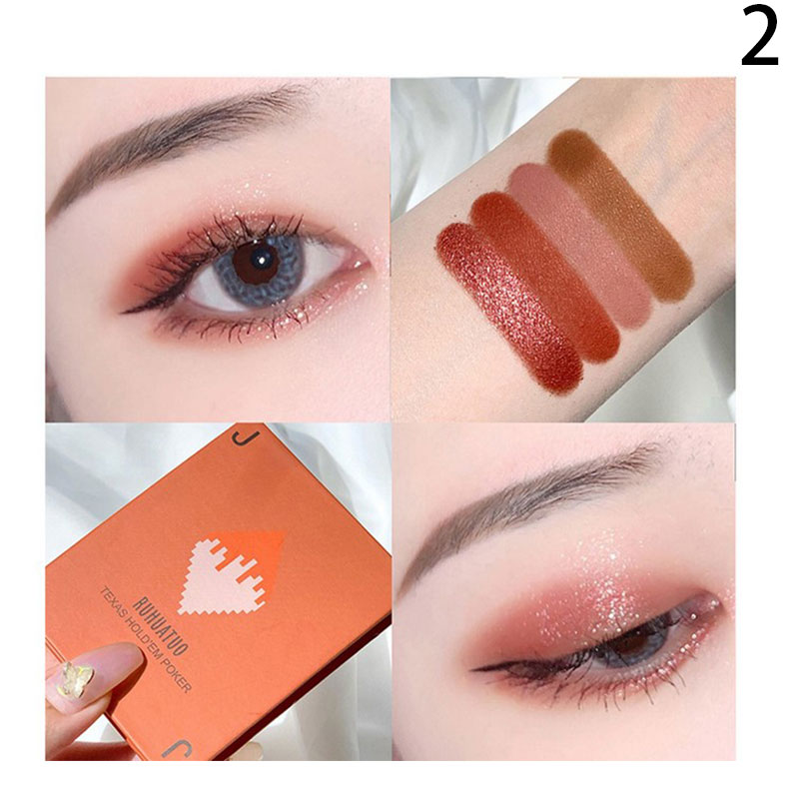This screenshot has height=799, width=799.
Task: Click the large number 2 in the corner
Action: [759, 38]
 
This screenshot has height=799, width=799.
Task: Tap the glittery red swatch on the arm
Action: [508, 304]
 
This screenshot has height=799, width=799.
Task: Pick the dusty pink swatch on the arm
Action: [581, 246]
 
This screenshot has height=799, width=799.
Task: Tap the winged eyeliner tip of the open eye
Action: [126, 311]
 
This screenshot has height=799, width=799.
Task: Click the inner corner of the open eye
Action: [363, 265]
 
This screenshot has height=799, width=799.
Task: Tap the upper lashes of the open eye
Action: [240, 230]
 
